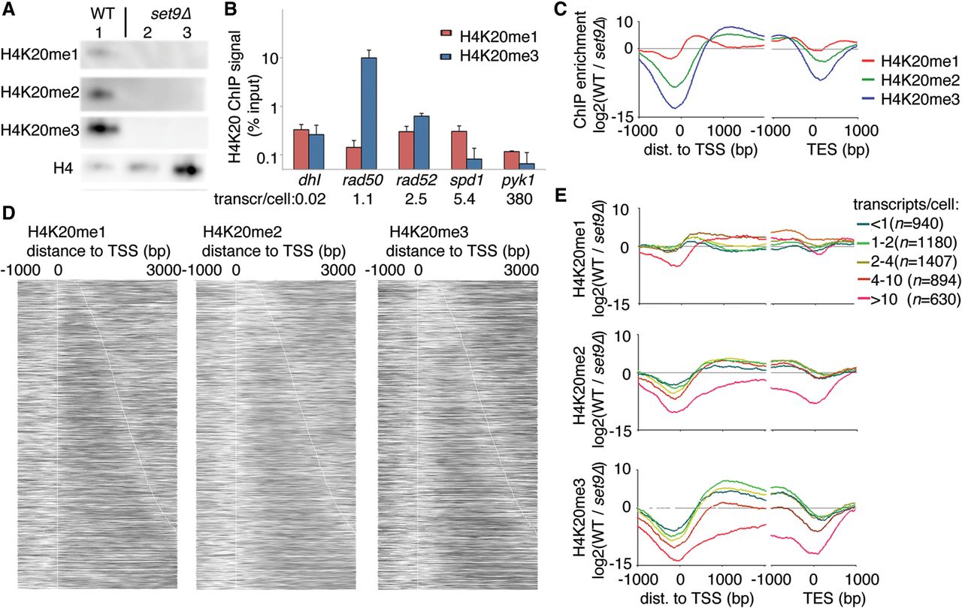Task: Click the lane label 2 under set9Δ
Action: (x=151, y=33)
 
